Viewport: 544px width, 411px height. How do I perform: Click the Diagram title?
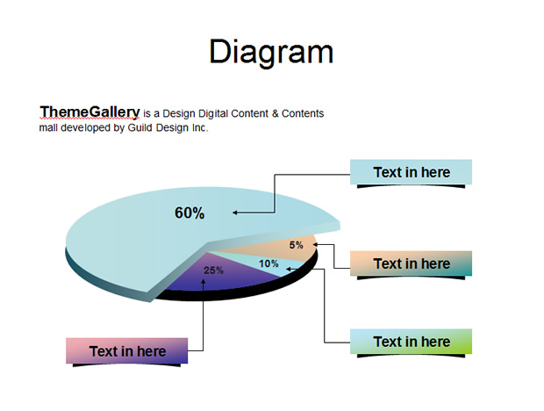271,52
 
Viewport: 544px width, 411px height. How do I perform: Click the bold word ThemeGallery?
89,112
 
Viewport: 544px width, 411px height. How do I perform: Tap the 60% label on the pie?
190,213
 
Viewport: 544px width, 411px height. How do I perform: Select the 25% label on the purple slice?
213,270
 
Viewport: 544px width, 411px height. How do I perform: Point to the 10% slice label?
268,263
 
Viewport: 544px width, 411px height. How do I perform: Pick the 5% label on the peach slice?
297,245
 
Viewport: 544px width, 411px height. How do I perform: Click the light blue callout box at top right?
412,172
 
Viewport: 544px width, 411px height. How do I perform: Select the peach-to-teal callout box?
412,263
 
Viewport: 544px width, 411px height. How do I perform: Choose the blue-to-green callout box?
412,342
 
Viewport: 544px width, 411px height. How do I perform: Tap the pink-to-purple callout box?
127,351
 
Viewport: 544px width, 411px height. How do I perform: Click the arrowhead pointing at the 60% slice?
235,213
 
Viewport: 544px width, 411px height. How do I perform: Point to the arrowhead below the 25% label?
203,281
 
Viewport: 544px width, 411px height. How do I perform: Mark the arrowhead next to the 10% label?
288,269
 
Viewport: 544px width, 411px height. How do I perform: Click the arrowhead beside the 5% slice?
315,244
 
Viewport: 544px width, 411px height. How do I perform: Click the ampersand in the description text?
276,113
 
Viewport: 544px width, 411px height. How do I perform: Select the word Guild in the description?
140,127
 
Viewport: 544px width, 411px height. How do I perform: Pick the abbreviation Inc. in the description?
199,127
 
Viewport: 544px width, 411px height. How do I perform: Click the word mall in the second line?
48,127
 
